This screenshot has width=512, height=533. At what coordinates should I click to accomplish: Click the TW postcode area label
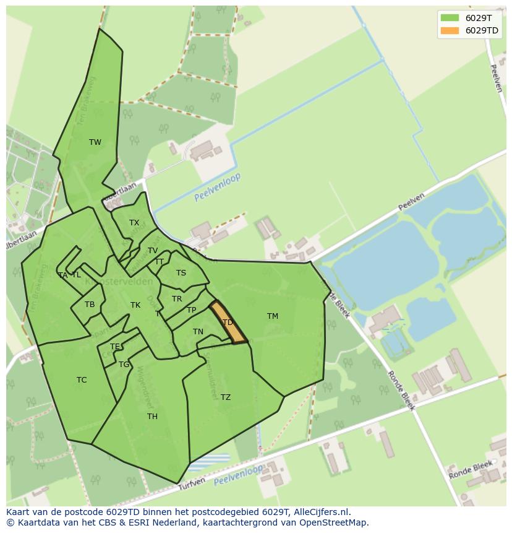click(x=95, y=142)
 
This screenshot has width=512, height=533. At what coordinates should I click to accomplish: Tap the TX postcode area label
click(x=134, y=223)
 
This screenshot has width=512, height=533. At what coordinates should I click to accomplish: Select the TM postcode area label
click(x=273, y=316)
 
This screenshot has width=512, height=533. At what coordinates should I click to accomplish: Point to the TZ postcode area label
click(x=226, y=397)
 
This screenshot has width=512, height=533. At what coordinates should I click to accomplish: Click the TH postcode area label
click(x=152, y=417)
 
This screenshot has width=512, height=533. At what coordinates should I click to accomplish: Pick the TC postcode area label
click(x=82, y=380)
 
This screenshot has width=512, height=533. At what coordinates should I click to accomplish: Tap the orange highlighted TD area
click(x=229, y=323)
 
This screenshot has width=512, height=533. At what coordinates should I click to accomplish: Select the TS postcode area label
click(x=181, y=273)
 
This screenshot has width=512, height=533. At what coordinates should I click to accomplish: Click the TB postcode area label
click(x=90, y=305)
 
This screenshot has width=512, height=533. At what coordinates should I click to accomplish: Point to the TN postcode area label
click(x=198, y=332)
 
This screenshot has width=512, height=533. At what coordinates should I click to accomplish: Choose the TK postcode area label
click(x=135, y=305)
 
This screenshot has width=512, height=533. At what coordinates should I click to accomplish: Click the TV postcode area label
click(x=153, y=251)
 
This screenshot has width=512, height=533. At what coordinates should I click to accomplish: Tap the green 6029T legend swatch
click(x=450, y=17)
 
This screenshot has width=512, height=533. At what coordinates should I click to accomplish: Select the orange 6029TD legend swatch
click(x=450, y=30)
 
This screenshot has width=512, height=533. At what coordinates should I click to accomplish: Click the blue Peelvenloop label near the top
click(x=217, y=187)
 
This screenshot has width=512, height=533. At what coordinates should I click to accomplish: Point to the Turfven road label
click(x=192, y=485)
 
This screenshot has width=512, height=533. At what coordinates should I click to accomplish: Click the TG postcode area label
click(x=124, y=365)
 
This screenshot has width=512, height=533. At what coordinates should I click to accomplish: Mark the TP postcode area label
click(x=192, y=310)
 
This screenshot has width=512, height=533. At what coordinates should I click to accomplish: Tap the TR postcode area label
click(x=177, y=299)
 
